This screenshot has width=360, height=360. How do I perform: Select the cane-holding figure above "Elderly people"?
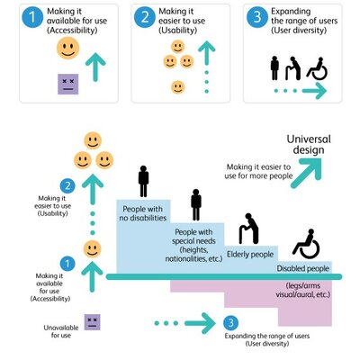tap(247, 229)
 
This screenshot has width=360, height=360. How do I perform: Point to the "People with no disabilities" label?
tap(143, 212)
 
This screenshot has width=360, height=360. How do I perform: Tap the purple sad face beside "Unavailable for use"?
tap(92, 321)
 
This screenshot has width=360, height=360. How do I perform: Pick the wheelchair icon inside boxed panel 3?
tap(316, 67)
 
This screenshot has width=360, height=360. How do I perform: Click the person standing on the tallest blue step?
tap(143, 181)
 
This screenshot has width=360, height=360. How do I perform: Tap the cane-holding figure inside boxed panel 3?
tap(293, 67)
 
